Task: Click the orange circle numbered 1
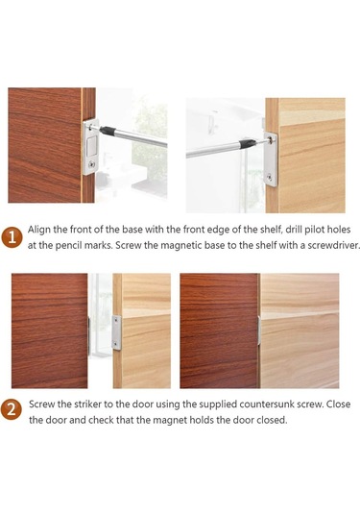click(x=12, y=237)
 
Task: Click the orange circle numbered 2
click(x=12, y=409)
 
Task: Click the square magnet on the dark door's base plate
click(x=91, y=146)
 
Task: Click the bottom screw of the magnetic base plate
click(x=93, y=163)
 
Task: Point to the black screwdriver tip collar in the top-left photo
click(x=108, y=132)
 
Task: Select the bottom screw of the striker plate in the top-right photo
click(x=269, y=178)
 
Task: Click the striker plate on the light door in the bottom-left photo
click(x=116, y=332)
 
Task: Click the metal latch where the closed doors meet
click(x=259, y=330)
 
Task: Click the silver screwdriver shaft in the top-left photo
click(x=141, y=138)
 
